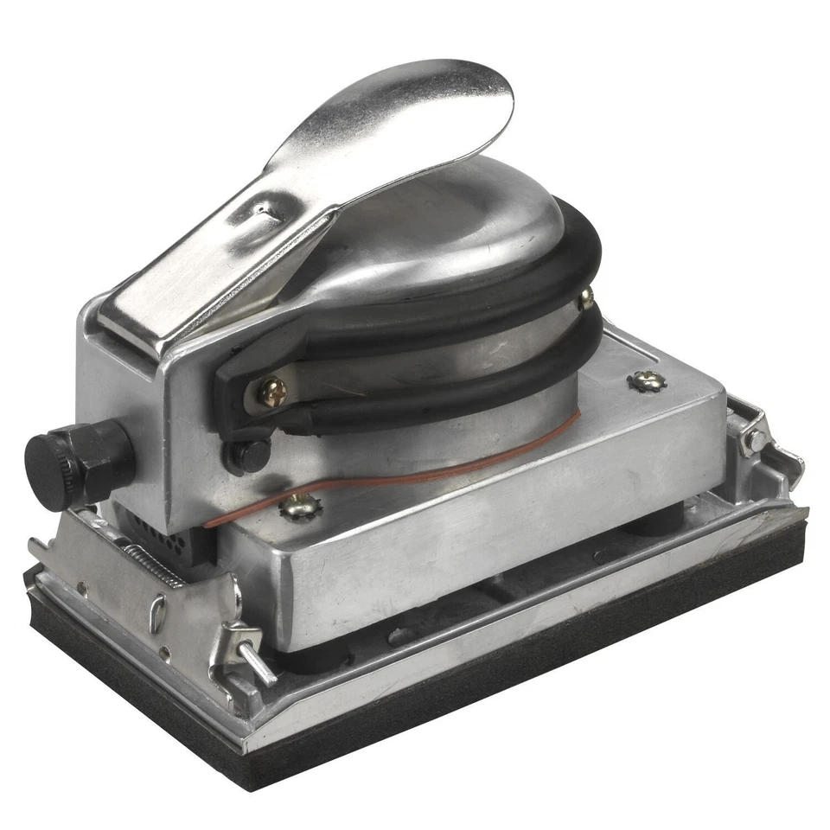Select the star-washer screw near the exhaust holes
[299, 508]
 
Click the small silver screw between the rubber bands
[586, 299]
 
